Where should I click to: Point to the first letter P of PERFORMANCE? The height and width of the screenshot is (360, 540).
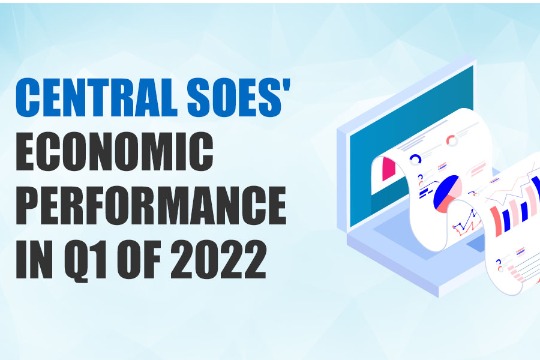[32, 207]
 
